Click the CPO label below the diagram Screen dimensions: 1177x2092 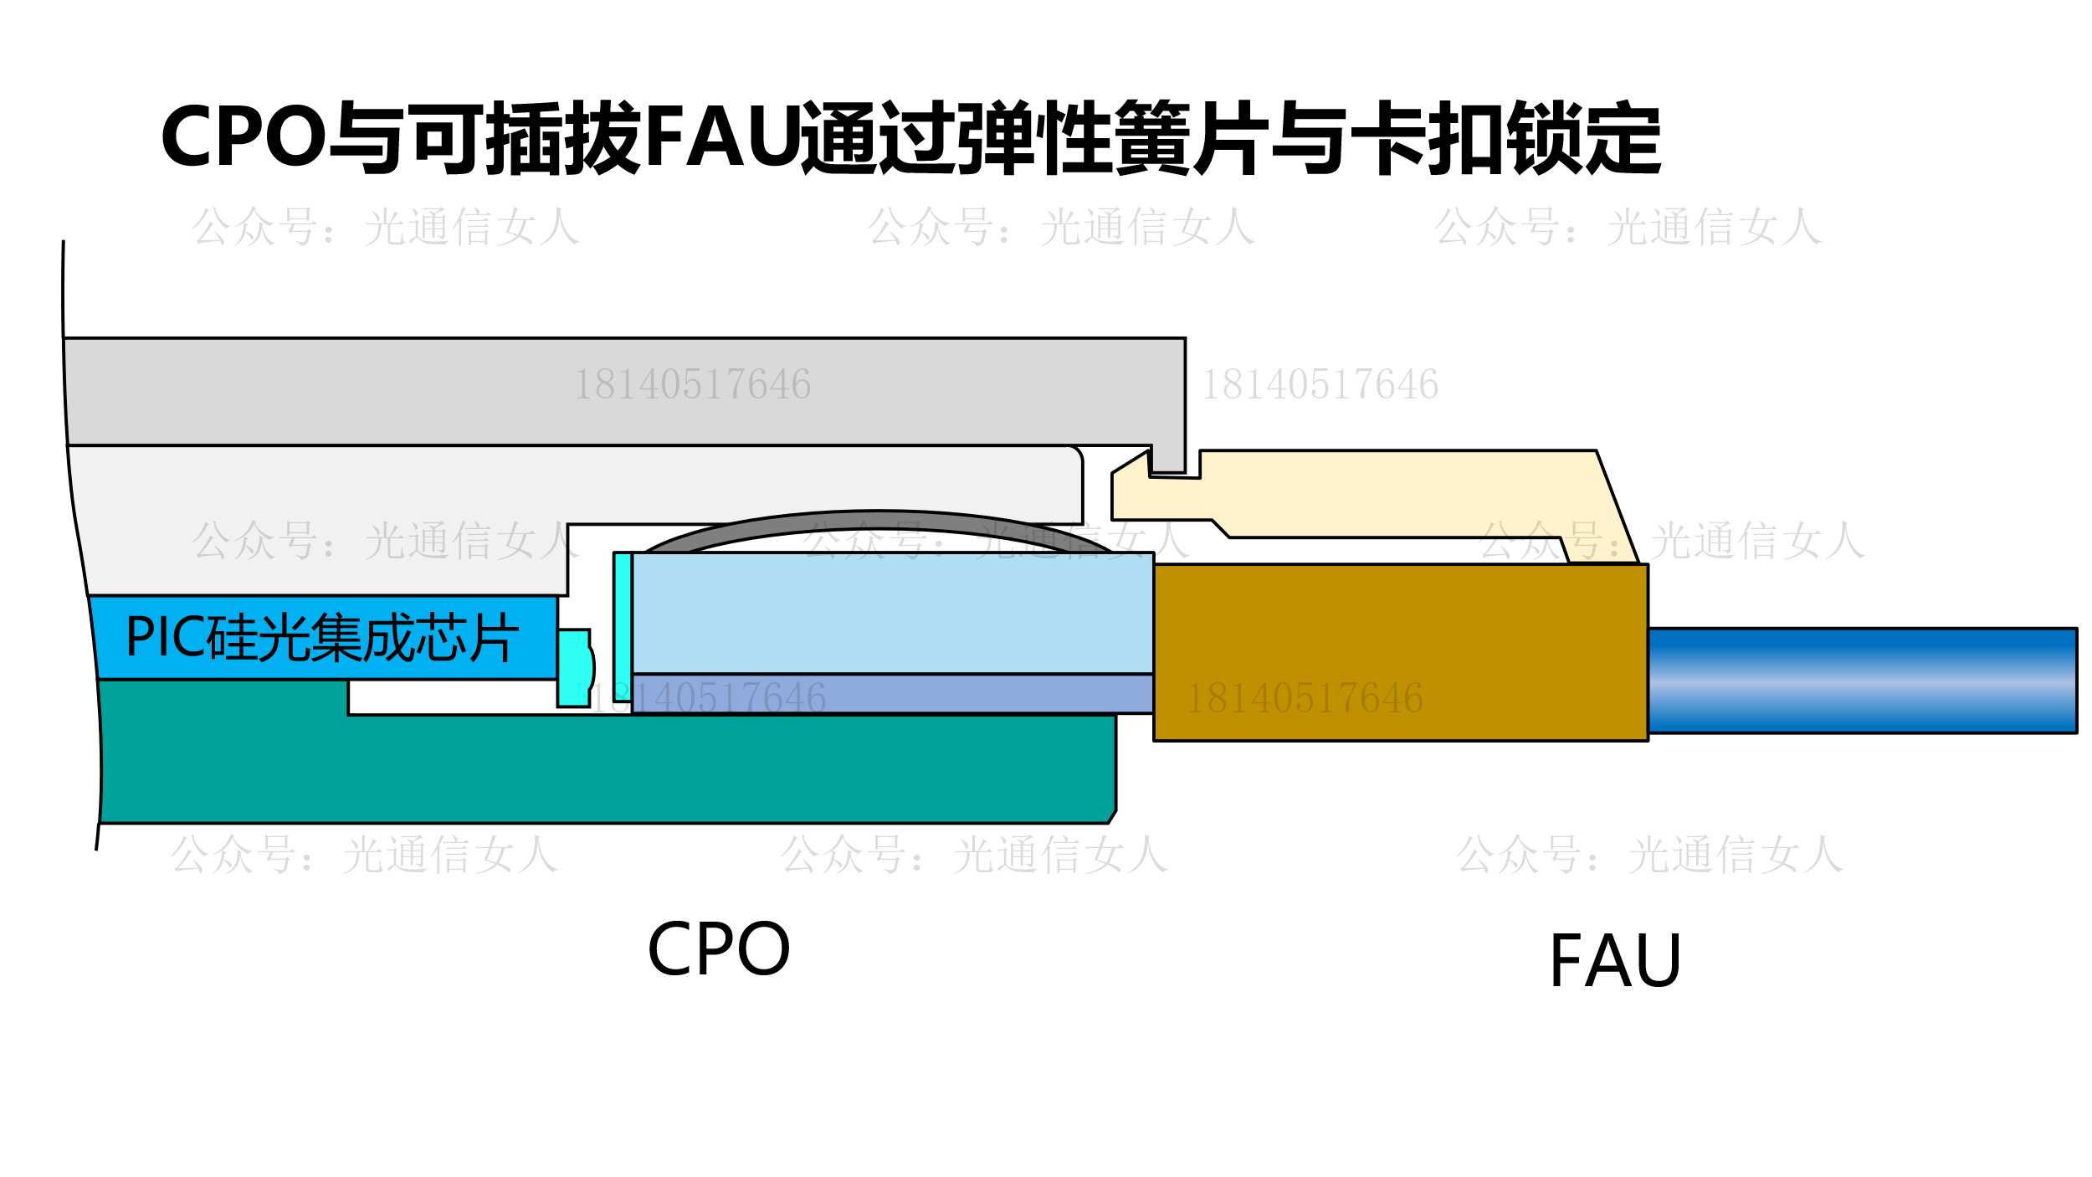(x=718, y=949)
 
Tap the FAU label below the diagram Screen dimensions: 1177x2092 (x=1615, y=961)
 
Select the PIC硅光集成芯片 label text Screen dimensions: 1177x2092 (x=322, y=638)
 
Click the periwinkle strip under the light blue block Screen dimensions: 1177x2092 (x=892, y=693)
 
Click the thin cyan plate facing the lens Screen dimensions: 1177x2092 (x=623, y=625)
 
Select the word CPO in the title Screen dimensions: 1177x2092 (x=243, y=137)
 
